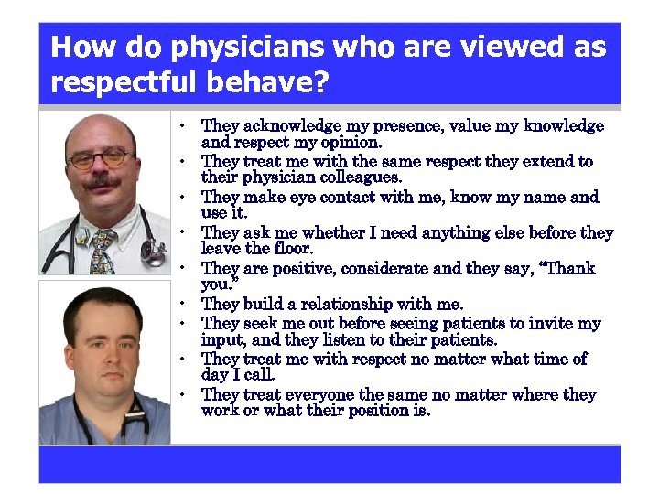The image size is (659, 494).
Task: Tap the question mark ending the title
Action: (319, 83)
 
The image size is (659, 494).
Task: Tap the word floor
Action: (292, 248)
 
